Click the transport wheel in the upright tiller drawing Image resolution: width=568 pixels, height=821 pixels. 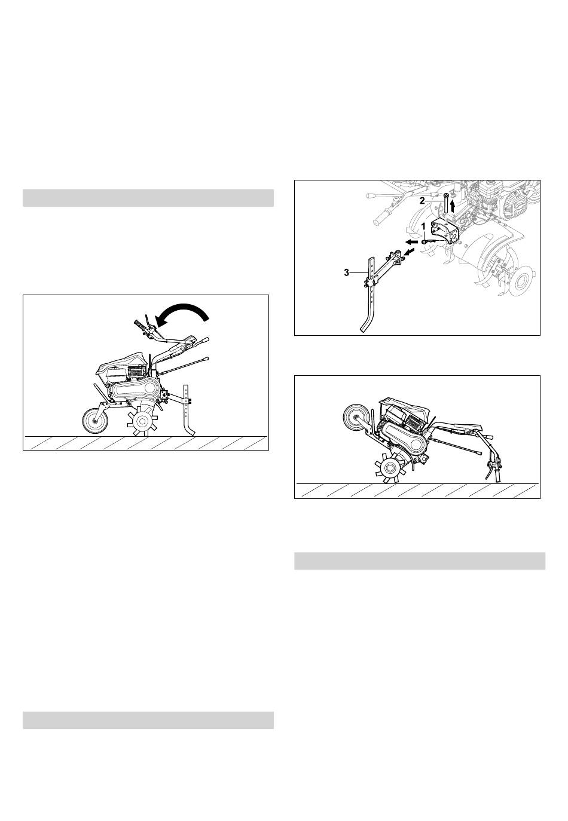(x=95, y=422)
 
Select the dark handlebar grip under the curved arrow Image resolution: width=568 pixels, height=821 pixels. (x=141, y=326)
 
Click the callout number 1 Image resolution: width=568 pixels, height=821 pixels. (x=423, y=226)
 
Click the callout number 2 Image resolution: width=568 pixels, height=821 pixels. (x=423, y=201)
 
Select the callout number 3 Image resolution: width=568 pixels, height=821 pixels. (x=347, y=272)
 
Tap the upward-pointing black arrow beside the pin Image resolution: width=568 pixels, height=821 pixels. (x=453, y=206)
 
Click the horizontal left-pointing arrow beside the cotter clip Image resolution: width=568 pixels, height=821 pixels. (x=411, y=242)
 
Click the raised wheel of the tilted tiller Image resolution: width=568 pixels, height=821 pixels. (x=356, y=416)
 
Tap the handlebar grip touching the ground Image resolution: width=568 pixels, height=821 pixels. (x=498, y=476)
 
